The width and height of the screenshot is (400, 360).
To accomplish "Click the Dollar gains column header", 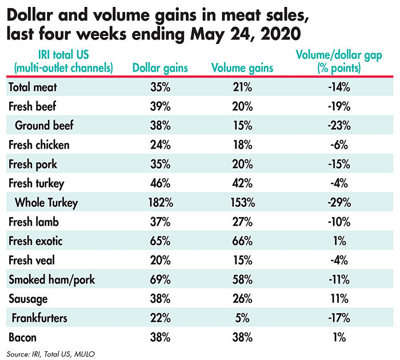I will pyautogui.click(x=160, y=67).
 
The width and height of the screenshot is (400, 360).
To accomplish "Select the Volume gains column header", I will pyautogui.click(x=242, y=67).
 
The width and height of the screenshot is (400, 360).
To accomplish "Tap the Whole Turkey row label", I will pyautogui.click(x=47, y=202).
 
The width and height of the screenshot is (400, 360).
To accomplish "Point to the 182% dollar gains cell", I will pyautogui.click(x=160, y=202).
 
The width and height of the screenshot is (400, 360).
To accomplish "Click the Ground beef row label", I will pyautogui.click(x=46, y=125).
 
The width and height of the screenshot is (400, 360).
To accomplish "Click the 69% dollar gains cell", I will pyautogui.click(x=160, y=279).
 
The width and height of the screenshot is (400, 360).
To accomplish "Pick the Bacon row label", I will pyautogui.click(x=23, y=337).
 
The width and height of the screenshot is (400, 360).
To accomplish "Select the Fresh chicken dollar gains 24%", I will pyautogui.click(x=160, y=145).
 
